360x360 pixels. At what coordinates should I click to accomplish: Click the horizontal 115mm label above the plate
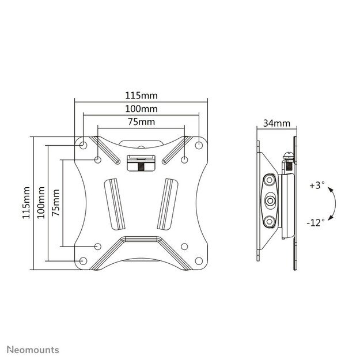pos(141,96)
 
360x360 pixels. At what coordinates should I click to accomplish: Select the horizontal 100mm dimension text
pos(141,109)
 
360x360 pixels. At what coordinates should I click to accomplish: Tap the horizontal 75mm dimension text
pos(141,122)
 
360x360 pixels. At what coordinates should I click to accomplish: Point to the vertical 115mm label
pos(26,202)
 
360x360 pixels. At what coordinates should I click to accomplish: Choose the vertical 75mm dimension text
pos(55,202)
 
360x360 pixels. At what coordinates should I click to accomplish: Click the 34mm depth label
pos(276,123)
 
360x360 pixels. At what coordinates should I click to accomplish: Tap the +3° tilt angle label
pos(316,185)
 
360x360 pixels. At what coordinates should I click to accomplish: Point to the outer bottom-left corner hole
pos(83,261)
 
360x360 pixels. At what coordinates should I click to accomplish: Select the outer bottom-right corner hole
pos(199,261)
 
